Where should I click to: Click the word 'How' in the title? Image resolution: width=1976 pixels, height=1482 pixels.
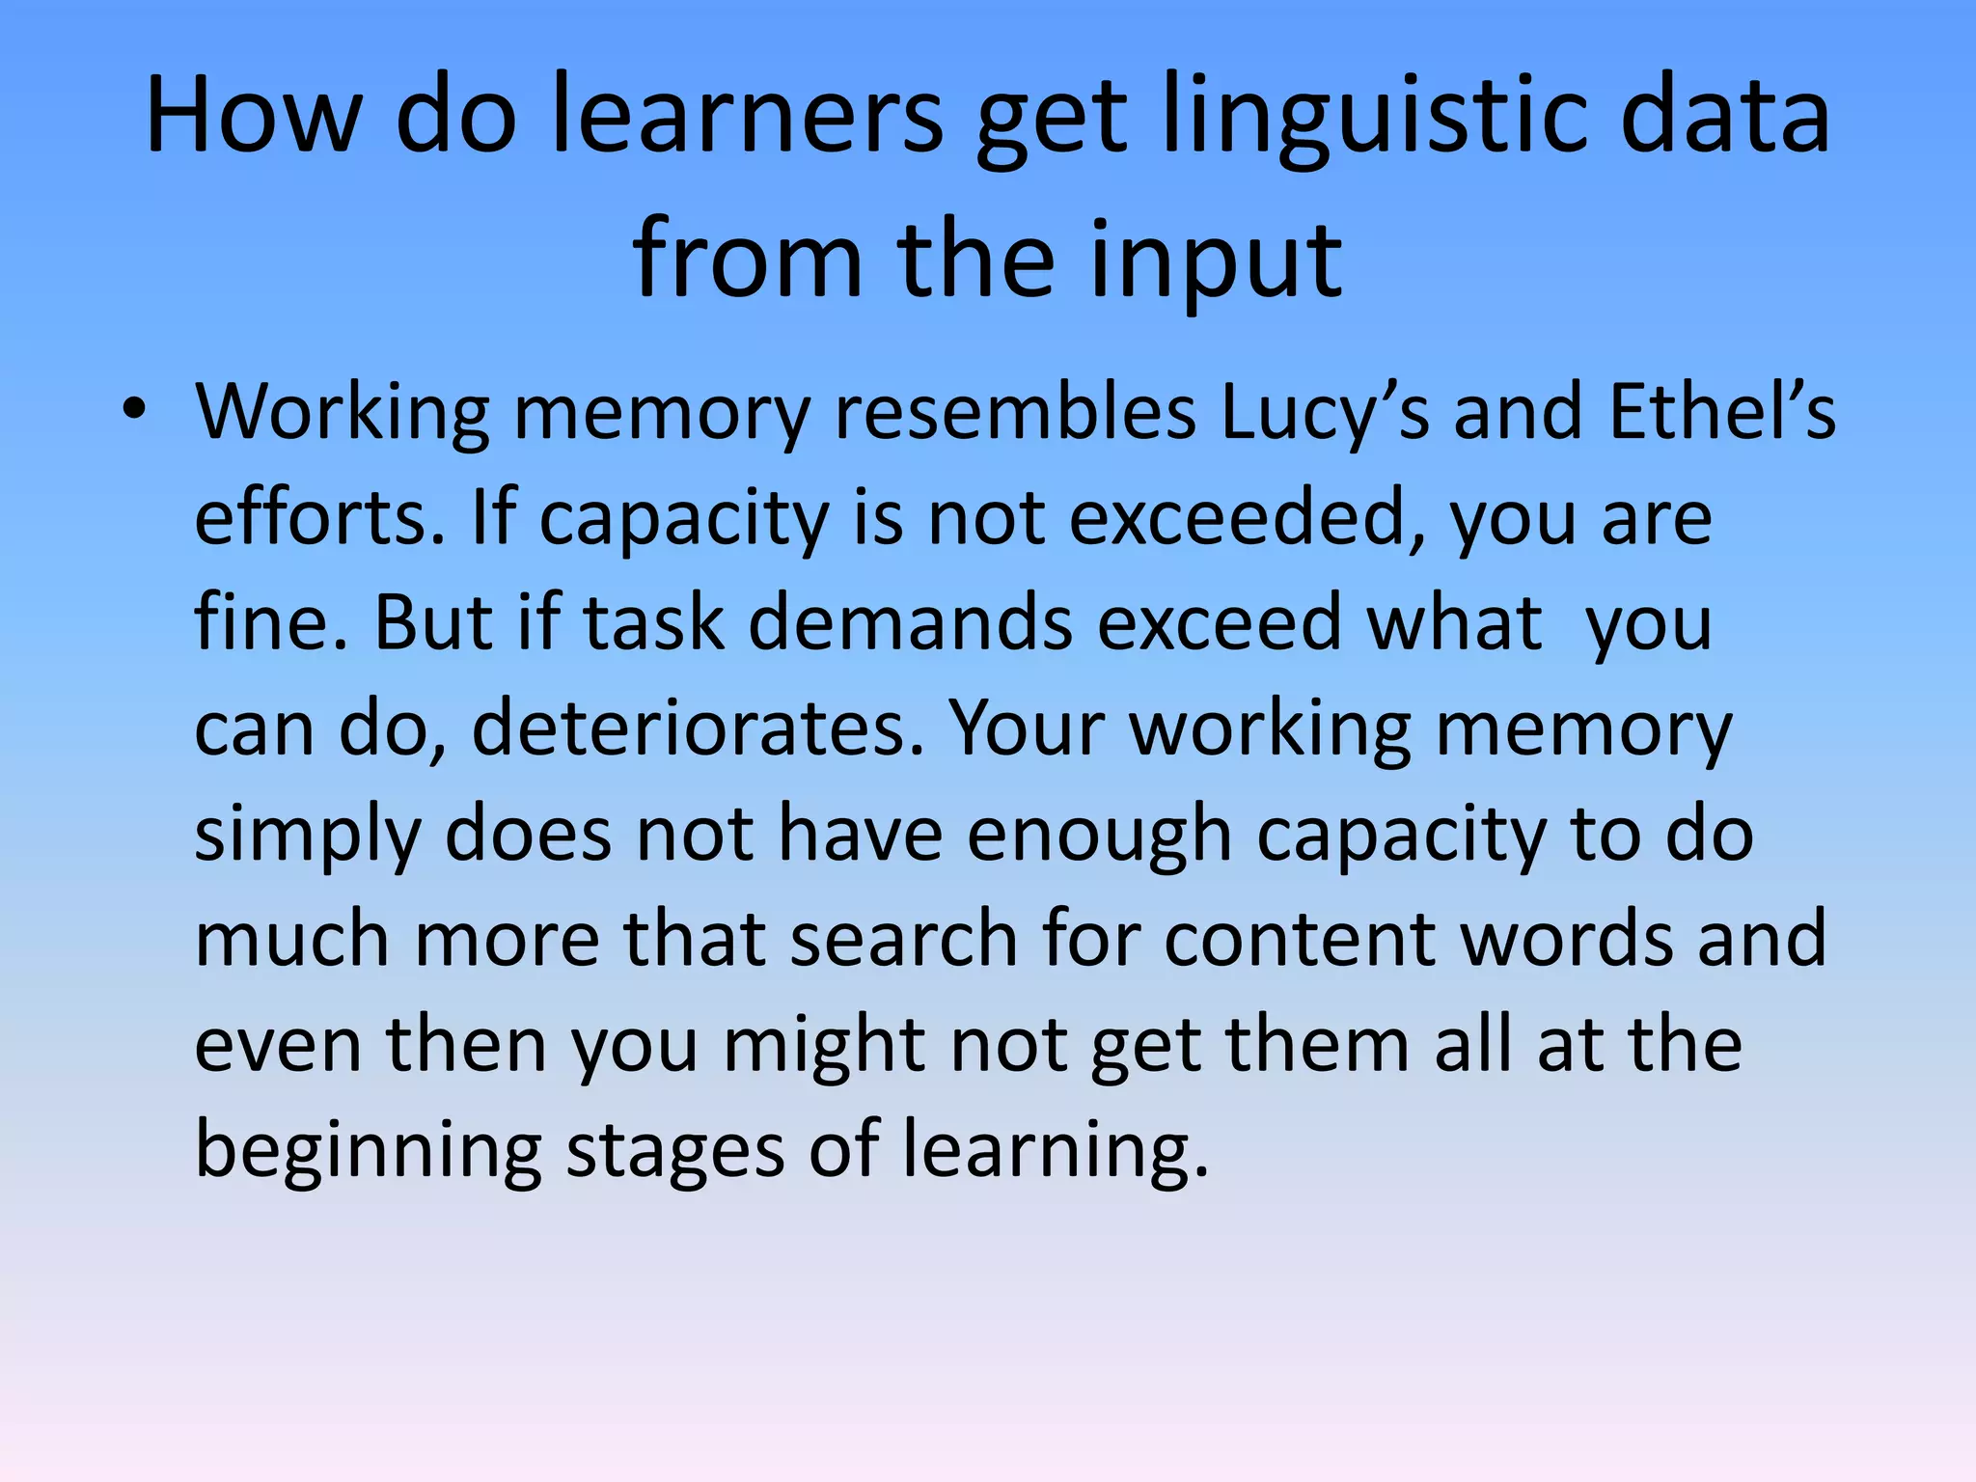(253, 116)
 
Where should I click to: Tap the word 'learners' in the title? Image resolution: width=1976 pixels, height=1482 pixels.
(748, 116)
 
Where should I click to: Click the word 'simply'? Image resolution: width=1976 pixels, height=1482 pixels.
(308, 836)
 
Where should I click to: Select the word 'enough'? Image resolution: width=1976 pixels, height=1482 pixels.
(1100, 834)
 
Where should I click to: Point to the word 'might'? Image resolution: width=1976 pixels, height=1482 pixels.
(825, 1046)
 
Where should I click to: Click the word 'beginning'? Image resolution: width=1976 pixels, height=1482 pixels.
(368, 1152)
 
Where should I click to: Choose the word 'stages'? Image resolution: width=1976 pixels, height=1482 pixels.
(675, 1152)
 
